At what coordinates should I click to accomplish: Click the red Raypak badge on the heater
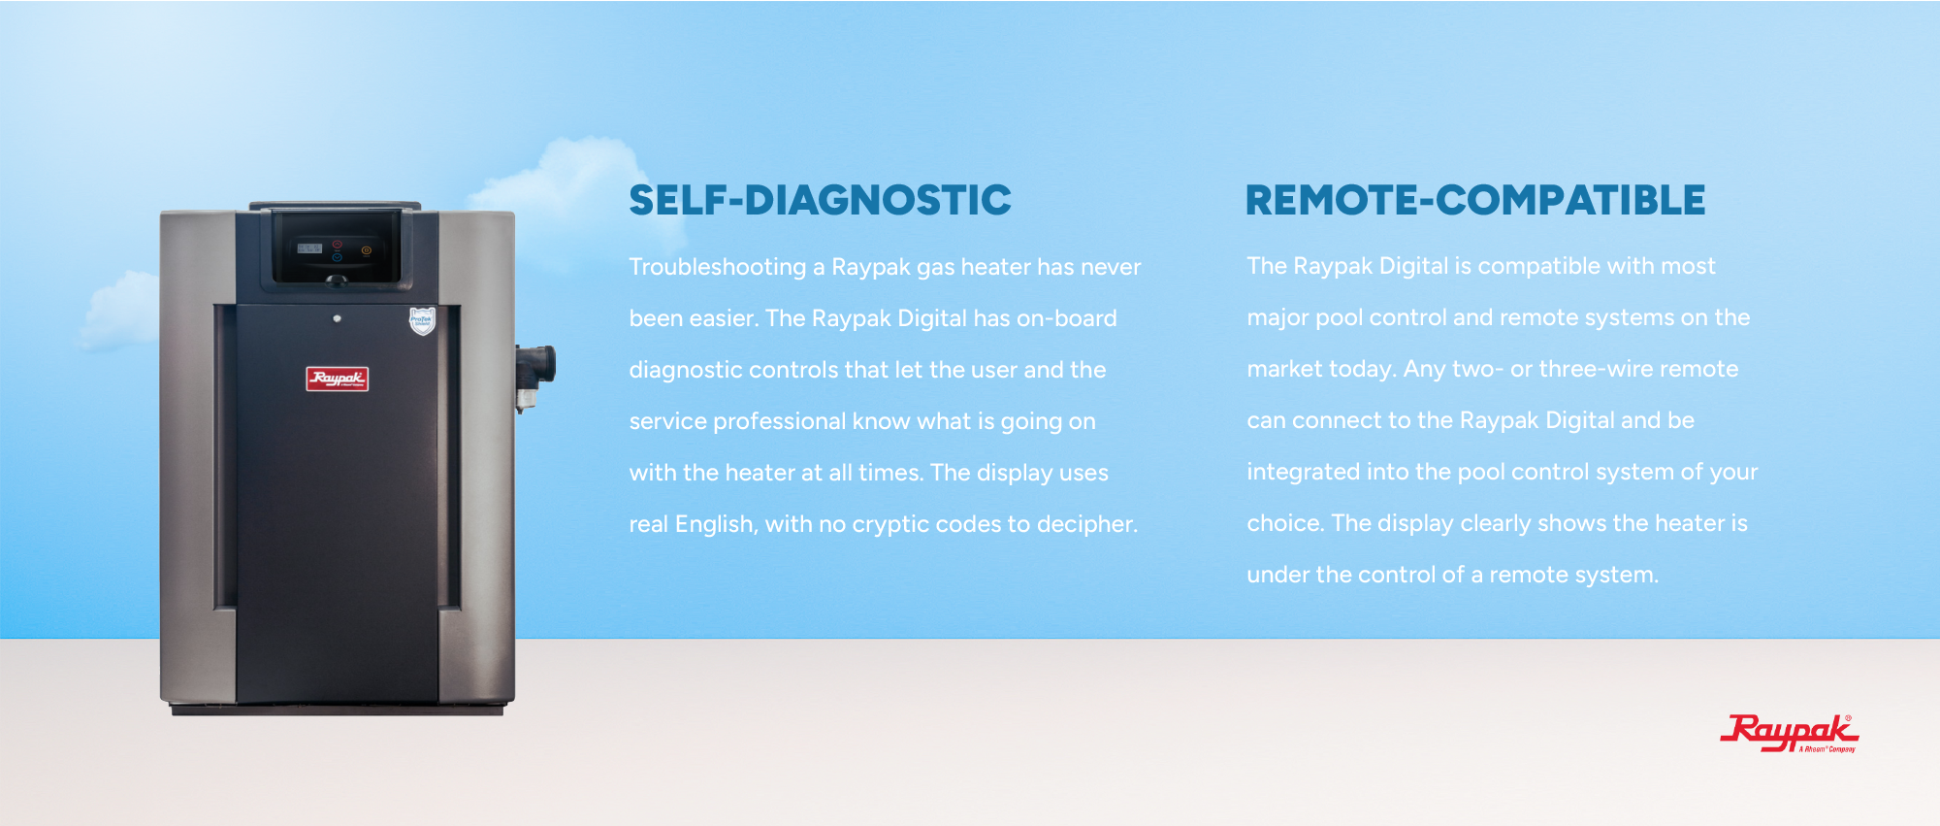coord(337,379)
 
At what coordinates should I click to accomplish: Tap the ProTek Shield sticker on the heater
coord(422,320)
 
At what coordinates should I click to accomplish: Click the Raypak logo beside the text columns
coord(1789,733)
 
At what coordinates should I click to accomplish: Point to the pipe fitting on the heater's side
coord(534,374)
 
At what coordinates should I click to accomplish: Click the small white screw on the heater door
coord(337,318)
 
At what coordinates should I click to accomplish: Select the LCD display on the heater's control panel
coord(309,248)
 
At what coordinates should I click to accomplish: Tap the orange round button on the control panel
coord(366,250)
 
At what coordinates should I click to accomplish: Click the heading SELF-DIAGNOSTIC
coord(820,200)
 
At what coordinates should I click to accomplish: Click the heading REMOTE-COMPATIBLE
coord(1474,200)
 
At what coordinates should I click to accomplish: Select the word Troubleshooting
coord(718,267)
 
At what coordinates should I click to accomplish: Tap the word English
coord(716,525)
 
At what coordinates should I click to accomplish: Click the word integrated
coord(1303,473)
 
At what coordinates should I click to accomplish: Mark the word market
coord(1285,369)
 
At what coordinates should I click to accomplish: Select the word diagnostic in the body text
coord(686,371)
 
